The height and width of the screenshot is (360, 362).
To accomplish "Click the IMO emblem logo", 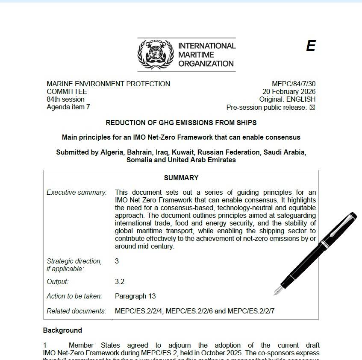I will (x=156, y=54).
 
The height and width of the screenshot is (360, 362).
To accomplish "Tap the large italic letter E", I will (x=311, y=46).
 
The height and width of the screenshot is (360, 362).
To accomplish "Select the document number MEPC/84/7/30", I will (x=294, y=84).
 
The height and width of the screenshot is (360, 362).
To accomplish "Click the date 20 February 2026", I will (x=289, y=92).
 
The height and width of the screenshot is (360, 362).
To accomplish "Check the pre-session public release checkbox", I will (x=312, y=108).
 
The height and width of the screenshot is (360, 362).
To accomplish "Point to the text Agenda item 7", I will (x=68, y=107).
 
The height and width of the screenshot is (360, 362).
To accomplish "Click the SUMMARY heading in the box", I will (x=181, y=178).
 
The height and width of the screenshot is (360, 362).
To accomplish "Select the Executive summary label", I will (x=77, y=193).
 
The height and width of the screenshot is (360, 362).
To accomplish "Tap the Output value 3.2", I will (x=120, y=282).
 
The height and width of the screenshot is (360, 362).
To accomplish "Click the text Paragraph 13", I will (x=135, y=296).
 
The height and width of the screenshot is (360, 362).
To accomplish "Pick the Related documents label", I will (x=76, y=311).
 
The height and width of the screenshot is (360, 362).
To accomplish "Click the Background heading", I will (x=62, y=331).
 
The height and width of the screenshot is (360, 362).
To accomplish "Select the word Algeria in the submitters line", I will (x=113, y=152).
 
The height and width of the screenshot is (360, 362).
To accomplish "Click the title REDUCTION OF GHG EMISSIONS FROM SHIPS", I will (x=181, y=123).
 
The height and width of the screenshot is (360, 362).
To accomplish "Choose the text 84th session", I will (x=65, y=100).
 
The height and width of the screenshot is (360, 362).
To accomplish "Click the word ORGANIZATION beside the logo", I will (x=206, y=64).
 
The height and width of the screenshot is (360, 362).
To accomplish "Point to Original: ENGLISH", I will (x=287, y=100).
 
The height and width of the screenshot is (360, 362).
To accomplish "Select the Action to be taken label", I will (x=74, y=296).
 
